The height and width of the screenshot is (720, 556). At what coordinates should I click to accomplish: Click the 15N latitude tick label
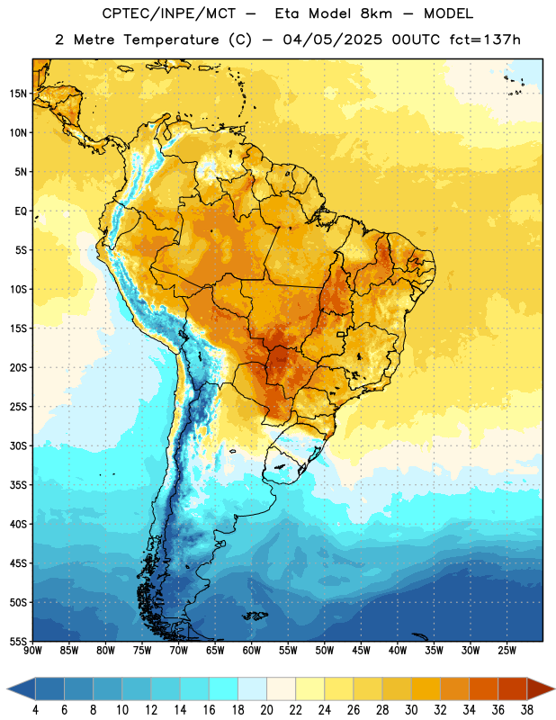pyautogui.click(x=18, y=94)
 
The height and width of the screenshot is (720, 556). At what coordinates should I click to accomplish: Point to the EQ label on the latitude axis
pyautogui.click(x=21, y=211)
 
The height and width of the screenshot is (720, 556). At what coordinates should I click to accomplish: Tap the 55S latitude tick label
pyautogui.click(x=18, y=641)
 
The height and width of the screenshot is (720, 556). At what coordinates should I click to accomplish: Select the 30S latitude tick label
pyautogui.click(x=18, y=445)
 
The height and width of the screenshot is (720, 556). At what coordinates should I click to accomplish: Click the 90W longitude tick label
pyautogui.click(x=32, y=651)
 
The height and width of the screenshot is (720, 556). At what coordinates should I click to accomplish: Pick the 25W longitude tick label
pyautogui.click(x=507, y=651)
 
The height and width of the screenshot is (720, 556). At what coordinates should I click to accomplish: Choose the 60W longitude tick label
pyautogui.click(x=252, y=651)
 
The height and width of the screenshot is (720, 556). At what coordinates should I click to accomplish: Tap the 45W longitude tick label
pyautogui.click(x=361, y=651)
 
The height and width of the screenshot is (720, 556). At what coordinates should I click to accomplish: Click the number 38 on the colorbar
pyautogui.click(x=526, y=710)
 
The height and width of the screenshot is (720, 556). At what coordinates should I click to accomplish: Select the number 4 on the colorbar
pyautogui.click(x=35, y=710)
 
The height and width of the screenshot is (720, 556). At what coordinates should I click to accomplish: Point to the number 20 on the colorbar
pyautogui.click(x=266, y=710)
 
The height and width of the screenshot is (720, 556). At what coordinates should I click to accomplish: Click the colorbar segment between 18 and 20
pyautogui.click(x=252, y=689)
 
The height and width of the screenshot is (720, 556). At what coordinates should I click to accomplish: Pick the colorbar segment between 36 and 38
pyautogui.click(x=513, y=689)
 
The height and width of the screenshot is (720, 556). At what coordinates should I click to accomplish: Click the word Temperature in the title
pyautogui.click(x=171, y=40)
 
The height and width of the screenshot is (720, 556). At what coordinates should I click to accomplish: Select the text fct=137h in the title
pyautogui.click(x=485, y=40)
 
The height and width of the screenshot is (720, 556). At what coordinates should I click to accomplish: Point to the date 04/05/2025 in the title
pyautogui.click(x=332, y=40)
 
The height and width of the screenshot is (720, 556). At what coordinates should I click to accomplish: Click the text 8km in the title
pyautogui.click(x=376, y=13)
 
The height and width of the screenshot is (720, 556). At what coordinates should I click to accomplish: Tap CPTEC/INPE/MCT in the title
pyautogui.click(x=168, y=13)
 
